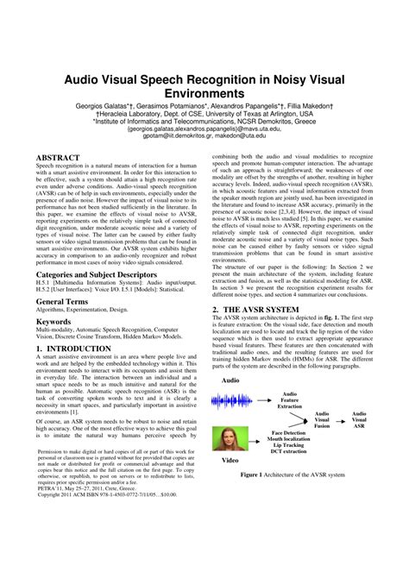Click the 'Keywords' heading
tap(53, 321)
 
